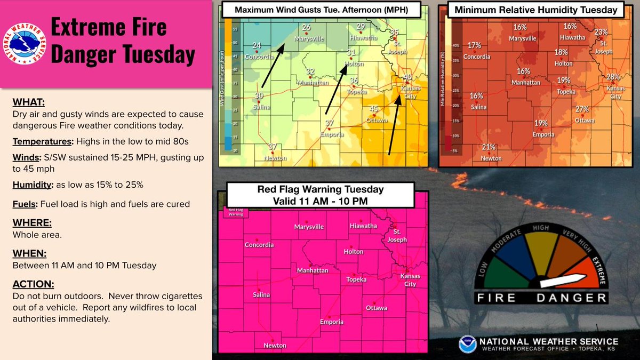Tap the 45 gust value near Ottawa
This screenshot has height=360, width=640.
tap(374, 109)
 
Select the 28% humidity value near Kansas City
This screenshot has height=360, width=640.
tap(613, 77)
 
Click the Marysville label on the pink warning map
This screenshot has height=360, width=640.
tap(309, 227)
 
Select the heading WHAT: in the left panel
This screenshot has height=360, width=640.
tap(28, 102)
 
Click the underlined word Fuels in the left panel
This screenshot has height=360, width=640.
tap(23, 204)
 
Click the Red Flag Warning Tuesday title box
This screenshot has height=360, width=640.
tap(321, 194)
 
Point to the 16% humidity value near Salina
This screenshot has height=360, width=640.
tap(476, 96)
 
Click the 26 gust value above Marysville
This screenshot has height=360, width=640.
tap(306, 27)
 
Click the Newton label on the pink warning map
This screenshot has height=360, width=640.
tap(275, 346)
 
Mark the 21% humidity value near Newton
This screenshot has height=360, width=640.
tap(489, 147)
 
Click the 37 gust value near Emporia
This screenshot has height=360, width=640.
tap(330, 123)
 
